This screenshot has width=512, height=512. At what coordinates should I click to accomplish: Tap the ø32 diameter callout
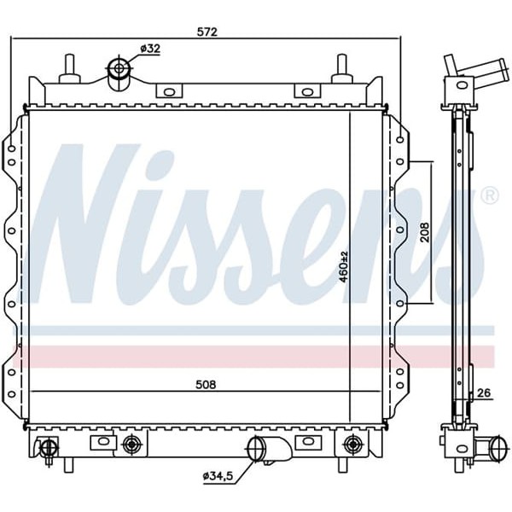pyautogui.click(x=151, y=49)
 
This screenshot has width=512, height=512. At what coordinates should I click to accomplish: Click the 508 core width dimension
pyautogui.click(x=205, y=384)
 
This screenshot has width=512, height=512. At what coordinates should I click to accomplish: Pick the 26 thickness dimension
pyautogui.click(x=484, y=393)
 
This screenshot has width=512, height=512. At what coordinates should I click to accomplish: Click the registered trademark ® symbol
pyautogui.click(x=489, y=196)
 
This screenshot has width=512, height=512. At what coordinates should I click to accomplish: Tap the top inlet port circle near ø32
pyautogui.click(x=119, y=70)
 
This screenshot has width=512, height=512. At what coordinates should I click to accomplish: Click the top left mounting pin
pyautogui.click(x=69, y=67)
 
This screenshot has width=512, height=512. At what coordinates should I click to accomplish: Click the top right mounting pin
pyautogui.click(x=341, y=67)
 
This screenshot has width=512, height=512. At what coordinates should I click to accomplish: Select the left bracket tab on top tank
pyautogui.click(x=167, y=91)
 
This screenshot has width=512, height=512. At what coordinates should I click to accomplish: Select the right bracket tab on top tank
pyautogui.click(x=305, y=91)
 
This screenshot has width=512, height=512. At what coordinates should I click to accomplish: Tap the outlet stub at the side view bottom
pyautogui.click(x=488, y=445)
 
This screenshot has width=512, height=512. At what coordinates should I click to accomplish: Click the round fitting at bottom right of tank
pyautogui.click(x=352, y=443)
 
